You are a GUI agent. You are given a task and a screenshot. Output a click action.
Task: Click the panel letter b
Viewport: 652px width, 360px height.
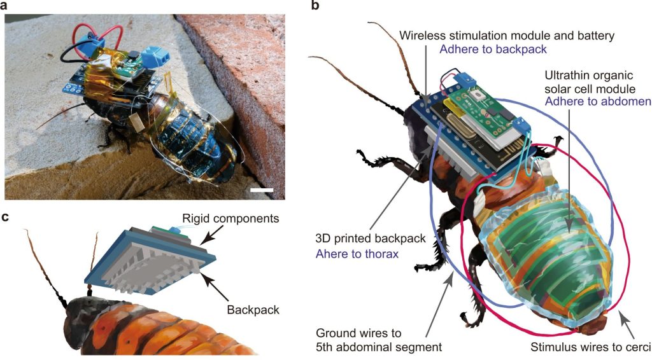click(x=316, y=6)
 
